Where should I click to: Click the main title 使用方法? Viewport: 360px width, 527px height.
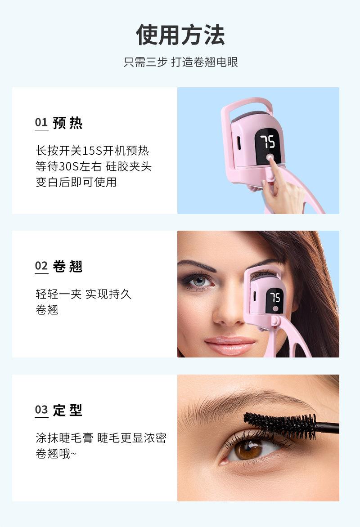(x=180, y=35)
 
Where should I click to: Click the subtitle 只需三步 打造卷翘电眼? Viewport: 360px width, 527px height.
(x=180, y=62)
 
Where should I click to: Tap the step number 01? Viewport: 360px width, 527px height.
(x=41, y=123)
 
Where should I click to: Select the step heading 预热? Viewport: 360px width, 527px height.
(x=68, y=123)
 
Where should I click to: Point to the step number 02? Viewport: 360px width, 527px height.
(x=41, y=266)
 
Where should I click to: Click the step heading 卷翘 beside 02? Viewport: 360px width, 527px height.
(x=68, y=266)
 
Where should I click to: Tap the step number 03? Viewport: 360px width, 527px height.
(x=41, y=410)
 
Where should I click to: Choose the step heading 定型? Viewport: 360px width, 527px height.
(x=68, y=410)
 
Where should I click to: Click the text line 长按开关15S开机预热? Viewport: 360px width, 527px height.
(x=92, y=150)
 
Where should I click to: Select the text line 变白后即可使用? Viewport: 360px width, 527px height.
(x=76, y=182)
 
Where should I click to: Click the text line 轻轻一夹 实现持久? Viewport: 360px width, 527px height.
(x=84, y=294)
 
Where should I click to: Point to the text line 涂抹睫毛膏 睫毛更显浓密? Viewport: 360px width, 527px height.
(x=101, y=438)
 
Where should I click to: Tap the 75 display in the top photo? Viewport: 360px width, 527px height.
(x=268, y=142)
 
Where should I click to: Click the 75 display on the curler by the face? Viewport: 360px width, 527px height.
(x=275, y=298)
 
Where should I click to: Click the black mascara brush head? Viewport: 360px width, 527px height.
(x=280, y=425)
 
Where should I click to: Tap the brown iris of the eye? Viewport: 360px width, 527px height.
(x=248, y=449)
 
